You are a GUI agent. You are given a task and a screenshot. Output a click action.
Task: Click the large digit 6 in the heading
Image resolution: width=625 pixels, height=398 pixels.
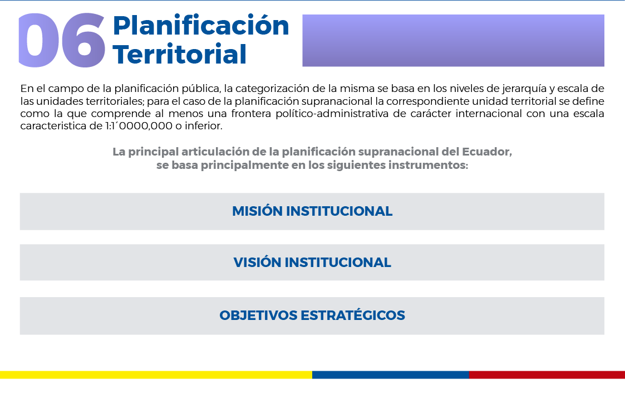(83, 40)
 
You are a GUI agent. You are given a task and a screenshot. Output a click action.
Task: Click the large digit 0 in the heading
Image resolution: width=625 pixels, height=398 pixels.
(38, 40)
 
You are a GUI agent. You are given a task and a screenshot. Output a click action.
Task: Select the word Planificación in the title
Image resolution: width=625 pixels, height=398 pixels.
(201, 26)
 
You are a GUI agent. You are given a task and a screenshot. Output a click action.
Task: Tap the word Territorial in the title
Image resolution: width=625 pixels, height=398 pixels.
(180, 54)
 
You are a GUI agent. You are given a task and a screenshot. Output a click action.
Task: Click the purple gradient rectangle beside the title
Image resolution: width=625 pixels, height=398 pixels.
(453, 40)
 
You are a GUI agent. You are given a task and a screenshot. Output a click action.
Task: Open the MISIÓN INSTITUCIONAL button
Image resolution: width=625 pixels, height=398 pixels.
(312, 211)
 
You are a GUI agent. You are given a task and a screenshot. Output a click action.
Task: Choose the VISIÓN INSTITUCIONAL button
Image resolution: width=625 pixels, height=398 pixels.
(312, 263)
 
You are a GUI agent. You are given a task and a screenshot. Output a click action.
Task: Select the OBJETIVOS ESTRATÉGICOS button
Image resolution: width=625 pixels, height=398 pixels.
(312, 316)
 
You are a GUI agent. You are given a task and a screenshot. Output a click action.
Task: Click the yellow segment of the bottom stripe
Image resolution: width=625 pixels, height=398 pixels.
(156, 375)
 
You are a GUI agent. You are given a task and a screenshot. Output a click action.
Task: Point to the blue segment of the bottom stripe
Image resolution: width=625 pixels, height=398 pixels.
(391, 375)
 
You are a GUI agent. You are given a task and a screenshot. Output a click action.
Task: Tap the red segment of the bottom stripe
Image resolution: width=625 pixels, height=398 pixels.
(547, 375)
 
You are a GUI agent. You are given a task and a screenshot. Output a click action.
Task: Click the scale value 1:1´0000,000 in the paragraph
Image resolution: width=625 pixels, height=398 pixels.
(139, 126)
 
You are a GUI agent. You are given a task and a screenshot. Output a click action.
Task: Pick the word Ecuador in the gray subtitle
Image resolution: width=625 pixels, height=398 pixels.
(486, 152)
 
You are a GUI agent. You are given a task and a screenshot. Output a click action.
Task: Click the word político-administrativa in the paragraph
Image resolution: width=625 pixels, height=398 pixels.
(332, 114)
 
